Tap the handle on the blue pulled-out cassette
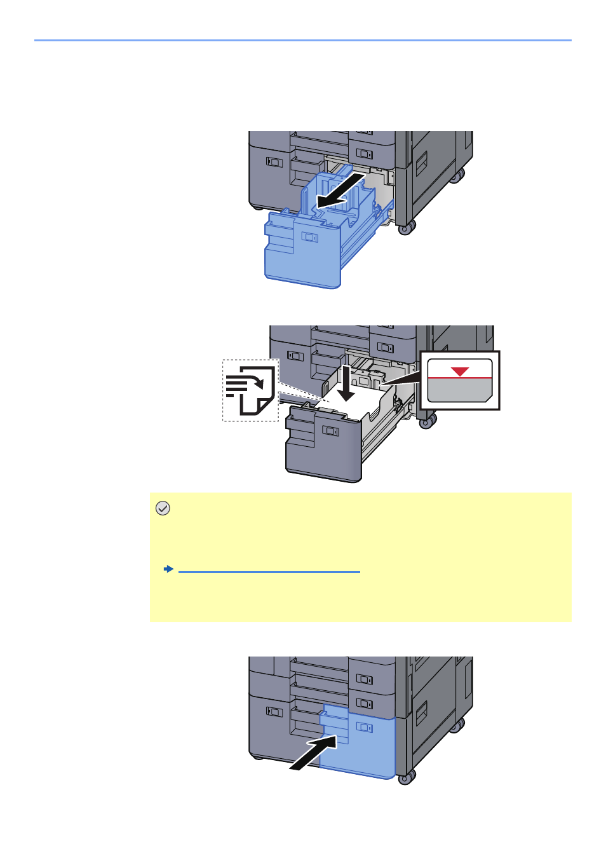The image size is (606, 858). (309, 237)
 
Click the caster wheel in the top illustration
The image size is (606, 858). (407, 226)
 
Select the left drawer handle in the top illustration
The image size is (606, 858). (273, 162)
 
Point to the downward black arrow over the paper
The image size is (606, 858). (346, 383)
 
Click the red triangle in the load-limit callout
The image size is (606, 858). (460, 371)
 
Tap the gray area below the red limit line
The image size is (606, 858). (459, 390)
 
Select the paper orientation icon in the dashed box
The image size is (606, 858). (251, 390)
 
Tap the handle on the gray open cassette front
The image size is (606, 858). (330, 431)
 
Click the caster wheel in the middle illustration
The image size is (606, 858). (428, 420)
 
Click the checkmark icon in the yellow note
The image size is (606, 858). (163, 508)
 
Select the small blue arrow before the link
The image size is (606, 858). (168, 569)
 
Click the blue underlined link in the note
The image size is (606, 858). (269, 570)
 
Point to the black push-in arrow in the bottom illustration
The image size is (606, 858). (314, 752)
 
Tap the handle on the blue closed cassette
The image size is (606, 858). (365, 727)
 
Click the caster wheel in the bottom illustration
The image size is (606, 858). (407, 776)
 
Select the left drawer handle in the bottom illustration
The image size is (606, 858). (273, 712)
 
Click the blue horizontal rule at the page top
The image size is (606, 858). (303, 41)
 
